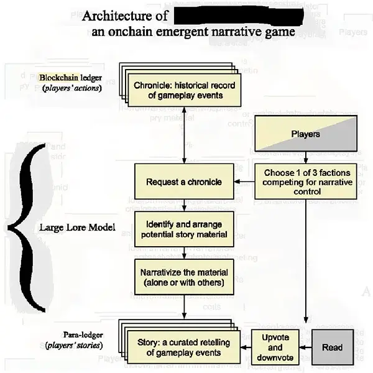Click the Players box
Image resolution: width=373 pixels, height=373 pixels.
[x=305, y=134]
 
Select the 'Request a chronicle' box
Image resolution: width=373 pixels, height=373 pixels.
[x=183, y=182]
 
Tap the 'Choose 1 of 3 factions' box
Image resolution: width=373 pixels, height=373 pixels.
[x=305, y=182]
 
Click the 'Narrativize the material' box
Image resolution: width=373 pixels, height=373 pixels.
[x=183, y=276]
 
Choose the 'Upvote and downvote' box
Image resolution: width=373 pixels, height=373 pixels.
[x=275, y=348]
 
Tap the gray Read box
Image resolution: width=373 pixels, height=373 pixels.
[x=332, y=347]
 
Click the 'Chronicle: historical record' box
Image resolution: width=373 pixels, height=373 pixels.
[x=185, y=90]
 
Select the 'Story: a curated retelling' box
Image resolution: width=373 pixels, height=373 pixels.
[x=183, y=348]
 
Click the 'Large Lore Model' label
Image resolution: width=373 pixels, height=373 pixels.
[x=78, y=228]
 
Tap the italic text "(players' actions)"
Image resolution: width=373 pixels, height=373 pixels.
[x=71, y=88]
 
